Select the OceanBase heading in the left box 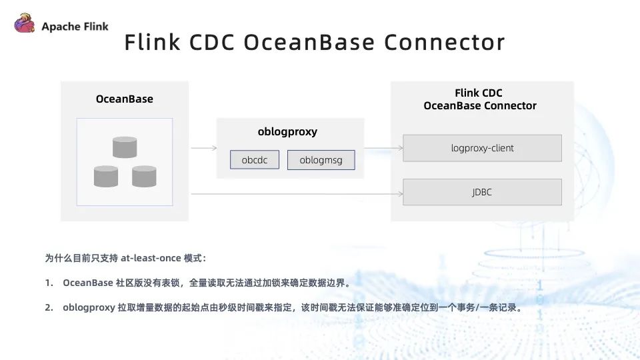[x=125, y=99]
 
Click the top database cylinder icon [x=125, y=147]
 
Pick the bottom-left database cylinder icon [x=106, y=176]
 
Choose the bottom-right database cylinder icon [x=144, y=176]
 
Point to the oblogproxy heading [x=287, y=131]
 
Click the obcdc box [x=254, y=160]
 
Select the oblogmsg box [x=321, y=160]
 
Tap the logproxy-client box [x=482, y=148]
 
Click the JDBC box [x=482, y=192]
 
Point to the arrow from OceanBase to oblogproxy [x=203, y=148]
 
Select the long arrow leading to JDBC [x=297, y=194]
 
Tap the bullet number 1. [x=49, y=283]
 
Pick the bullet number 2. [x=49, y=307]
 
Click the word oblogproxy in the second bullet [x=89, y=307]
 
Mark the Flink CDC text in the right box [x=481, y=93]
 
